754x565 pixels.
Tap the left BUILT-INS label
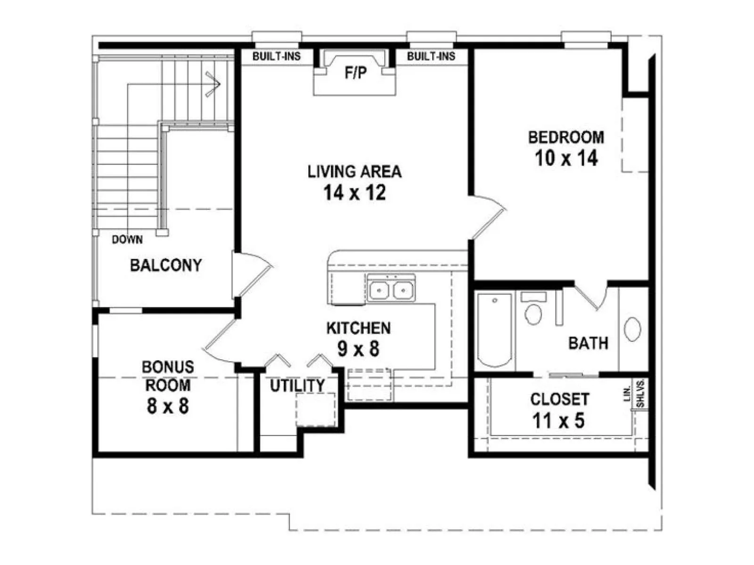pyautogui.click(x=277, y=56)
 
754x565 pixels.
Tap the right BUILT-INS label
pyautogui.click(x=431, y=56)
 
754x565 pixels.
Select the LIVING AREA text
pyautogui.click(x=354, y=171)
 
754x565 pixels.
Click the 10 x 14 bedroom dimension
pyautogui.click(x=566, y=158)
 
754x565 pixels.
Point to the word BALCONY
pyautogui.click(x=165, y=265)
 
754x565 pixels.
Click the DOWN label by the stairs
pyautogui.click(x=127, y=240)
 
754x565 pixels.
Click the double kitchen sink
pyautogui.click(x=391, y=290)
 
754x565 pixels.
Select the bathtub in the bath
pyautogui.click(x=494, y=330)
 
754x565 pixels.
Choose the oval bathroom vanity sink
pyautogui.click(x=632, y=329)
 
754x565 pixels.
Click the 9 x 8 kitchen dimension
pyautogui.click(x=358, y=349)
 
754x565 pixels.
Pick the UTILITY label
pyautogui.click(x=297, y=386)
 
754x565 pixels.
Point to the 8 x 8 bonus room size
pyautogui.click(x=168, y=406)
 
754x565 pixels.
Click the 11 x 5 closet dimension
pyautogui.click(x=558, y=420)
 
